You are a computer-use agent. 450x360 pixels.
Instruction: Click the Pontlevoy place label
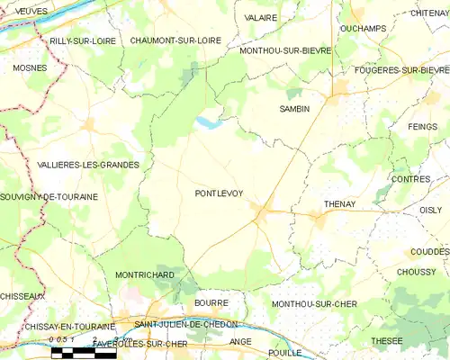219,193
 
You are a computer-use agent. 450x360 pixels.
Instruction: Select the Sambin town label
294,109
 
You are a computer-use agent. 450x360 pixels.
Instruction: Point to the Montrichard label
145,274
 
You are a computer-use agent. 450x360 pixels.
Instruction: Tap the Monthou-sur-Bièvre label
285,51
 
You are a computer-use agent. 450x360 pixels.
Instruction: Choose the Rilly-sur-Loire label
83,41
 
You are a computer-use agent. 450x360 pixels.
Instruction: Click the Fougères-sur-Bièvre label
402,70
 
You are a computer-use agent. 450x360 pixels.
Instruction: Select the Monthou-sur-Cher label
314,304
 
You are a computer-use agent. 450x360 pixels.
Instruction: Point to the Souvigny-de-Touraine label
49,196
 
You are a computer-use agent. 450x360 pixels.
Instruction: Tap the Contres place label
410,180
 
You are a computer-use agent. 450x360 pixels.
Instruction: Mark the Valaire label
260,17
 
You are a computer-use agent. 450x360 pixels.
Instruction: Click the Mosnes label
30,67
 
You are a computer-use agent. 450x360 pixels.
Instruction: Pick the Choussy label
415,272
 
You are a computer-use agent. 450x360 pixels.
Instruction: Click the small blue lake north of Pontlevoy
208,122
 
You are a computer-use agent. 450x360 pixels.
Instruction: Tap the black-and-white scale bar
84,353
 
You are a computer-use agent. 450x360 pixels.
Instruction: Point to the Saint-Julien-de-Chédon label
185,324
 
